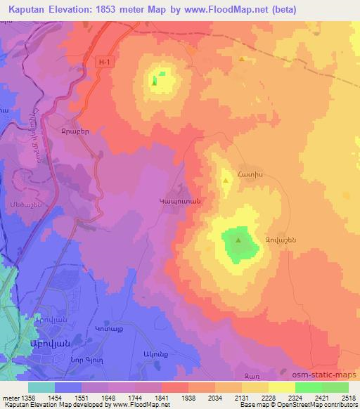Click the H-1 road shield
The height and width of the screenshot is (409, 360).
105,63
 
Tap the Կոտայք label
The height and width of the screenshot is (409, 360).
108,329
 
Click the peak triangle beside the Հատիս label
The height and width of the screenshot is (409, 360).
226,181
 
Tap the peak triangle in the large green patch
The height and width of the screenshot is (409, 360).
238,241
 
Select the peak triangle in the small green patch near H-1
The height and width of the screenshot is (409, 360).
154,80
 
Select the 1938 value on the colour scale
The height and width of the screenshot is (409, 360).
188,397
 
